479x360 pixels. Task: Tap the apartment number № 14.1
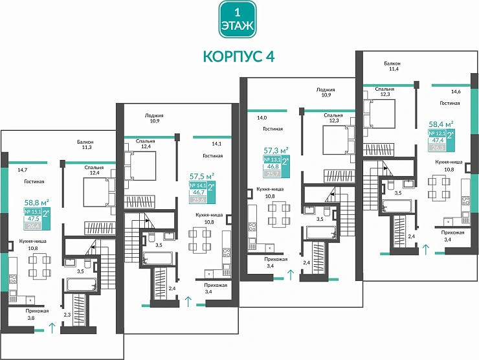[197, 185]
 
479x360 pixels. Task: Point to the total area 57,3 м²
[275, 150]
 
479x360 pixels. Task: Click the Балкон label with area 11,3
[85, 144]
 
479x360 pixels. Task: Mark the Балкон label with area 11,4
[392, 67]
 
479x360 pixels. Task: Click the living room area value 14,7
[22, 169]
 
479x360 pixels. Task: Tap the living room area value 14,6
[456, 92]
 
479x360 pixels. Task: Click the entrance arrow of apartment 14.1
[188, 300]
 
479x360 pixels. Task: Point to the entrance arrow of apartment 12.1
[425, 249]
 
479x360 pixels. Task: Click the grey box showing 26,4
[32, 226]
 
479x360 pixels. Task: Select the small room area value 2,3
[67, 315]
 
